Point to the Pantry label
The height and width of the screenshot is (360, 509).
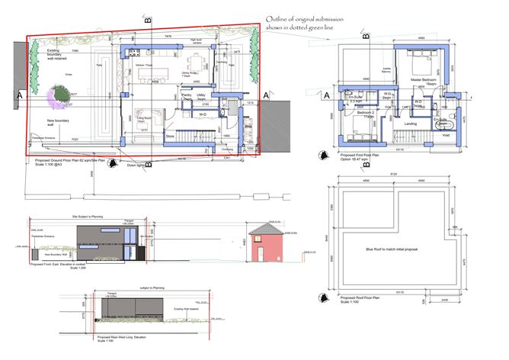click(x=186, y=95)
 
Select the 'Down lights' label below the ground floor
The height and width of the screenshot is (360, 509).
click(x=135, y=165)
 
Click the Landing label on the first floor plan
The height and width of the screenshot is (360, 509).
click(x=409, y=123)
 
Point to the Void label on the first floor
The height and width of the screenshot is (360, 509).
click(x=447, y=136)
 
